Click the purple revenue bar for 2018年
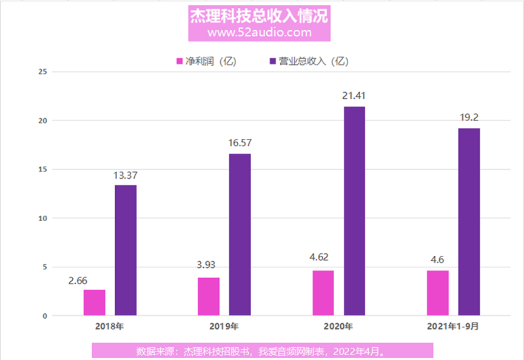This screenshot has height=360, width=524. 126,250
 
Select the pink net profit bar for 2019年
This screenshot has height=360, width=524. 209,296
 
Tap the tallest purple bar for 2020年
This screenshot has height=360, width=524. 354,211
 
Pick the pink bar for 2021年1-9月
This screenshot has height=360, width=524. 437,293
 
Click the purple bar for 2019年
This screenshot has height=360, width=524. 240,234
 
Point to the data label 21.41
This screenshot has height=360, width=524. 354,96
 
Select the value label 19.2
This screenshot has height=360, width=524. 468,118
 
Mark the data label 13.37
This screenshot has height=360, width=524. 126,175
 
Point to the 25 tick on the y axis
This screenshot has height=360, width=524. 42,72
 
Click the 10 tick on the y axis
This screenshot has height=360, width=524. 42,218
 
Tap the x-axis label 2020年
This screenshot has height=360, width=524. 338,326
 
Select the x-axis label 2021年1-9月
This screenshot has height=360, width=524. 452,326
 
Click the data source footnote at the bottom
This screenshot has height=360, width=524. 263,351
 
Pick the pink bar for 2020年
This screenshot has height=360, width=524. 323,293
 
